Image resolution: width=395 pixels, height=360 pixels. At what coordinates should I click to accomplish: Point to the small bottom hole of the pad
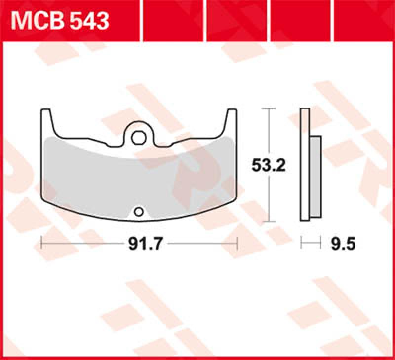[x=139, y=213]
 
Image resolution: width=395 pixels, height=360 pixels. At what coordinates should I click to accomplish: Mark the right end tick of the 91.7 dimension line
[x=237, y=243]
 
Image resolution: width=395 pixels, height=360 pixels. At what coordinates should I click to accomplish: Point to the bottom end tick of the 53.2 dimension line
[x=268, y=222]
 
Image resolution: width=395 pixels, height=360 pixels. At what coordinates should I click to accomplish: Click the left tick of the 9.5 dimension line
[x=302, y=243]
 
